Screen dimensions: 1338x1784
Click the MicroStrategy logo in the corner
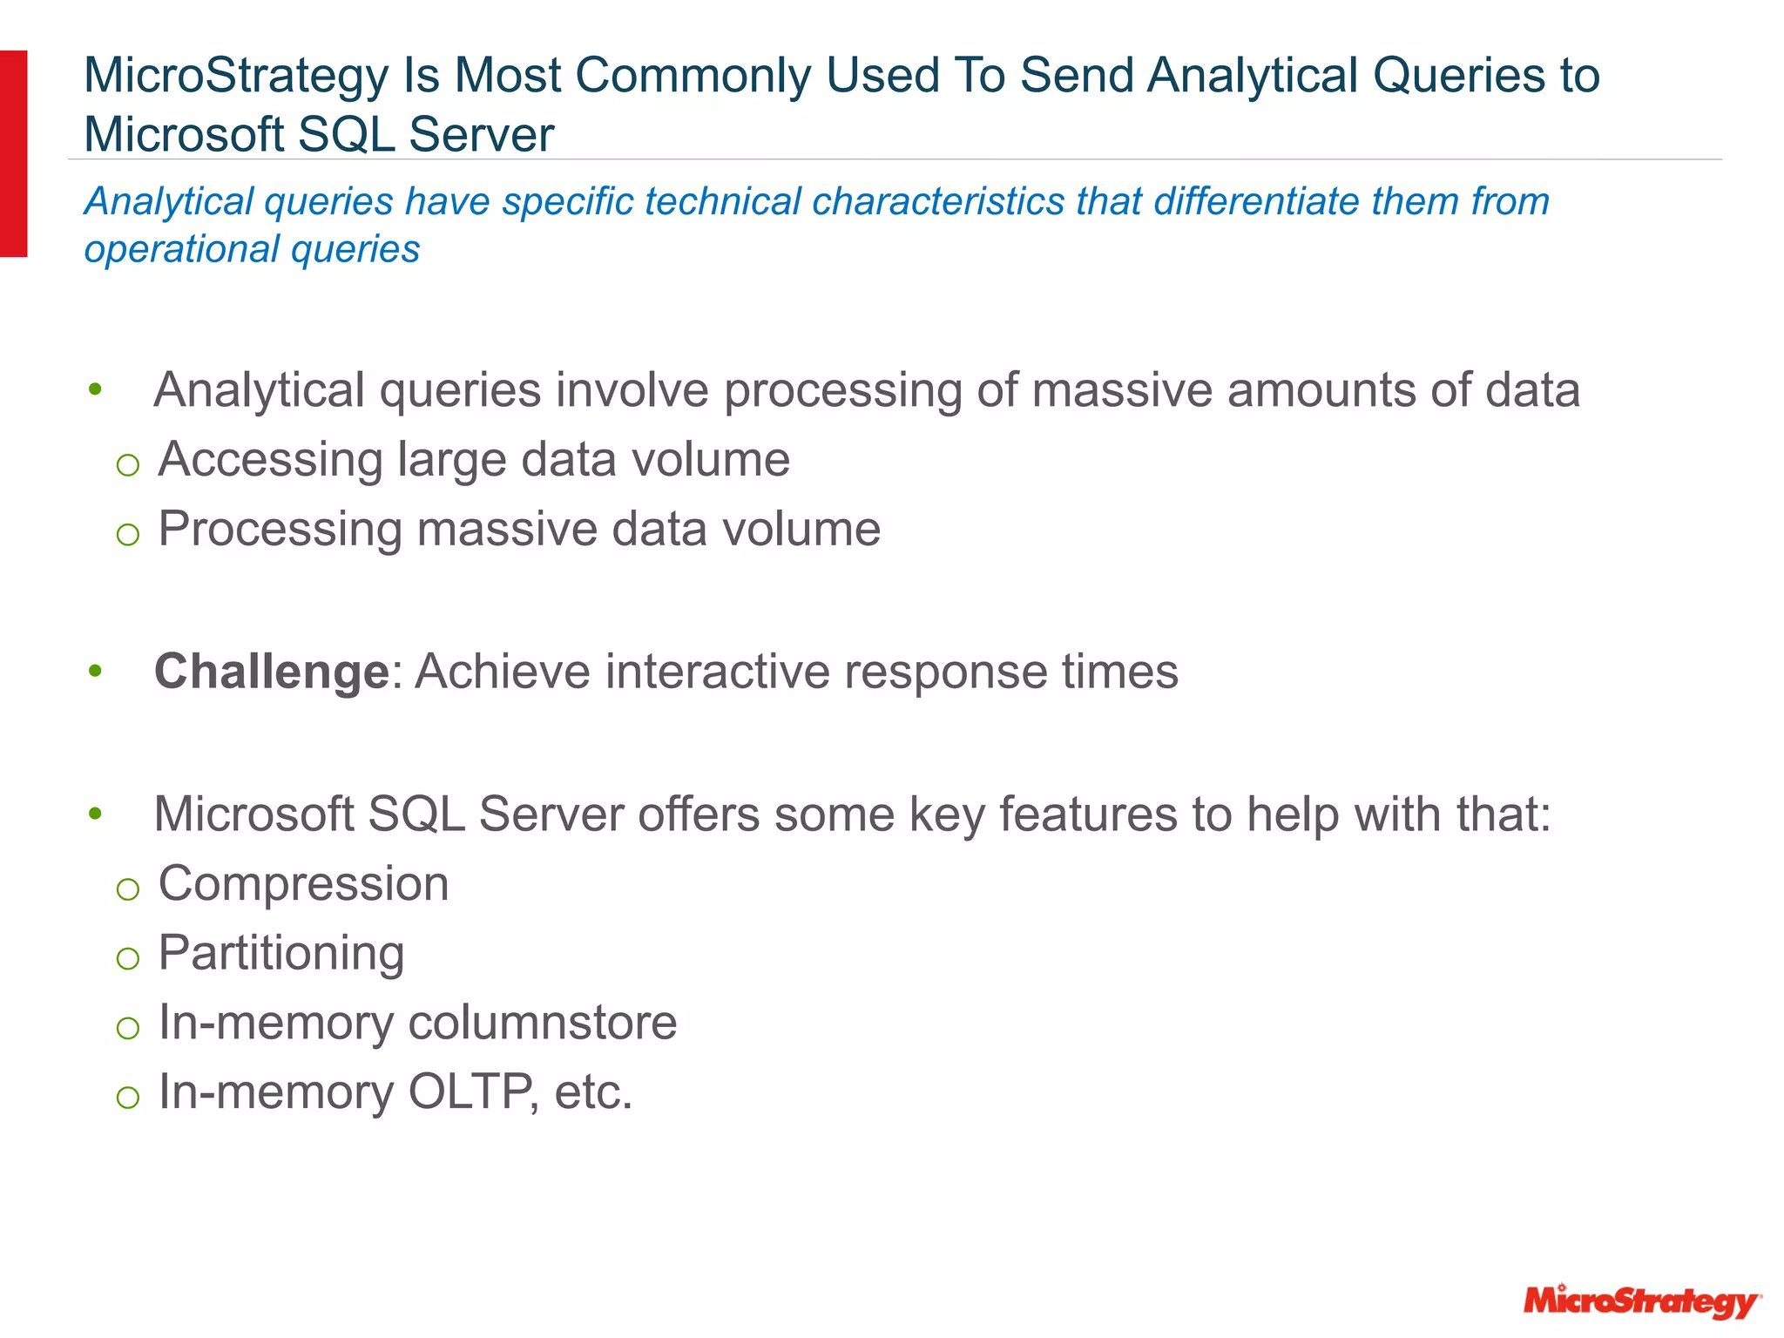click(x=1641, y=1301)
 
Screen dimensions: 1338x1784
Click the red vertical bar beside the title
click(x=13, y=153)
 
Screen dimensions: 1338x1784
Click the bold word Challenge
click(x=271, y=672)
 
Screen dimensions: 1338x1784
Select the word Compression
click(x=303, y=884)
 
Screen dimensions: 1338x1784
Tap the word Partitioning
click(x=280, y=953)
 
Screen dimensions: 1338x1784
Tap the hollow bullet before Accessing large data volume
click(x=128, y=464)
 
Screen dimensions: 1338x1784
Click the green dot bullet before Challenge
click(x=95, y=672)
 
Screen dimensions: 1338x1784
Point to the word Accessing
click(x=270, y=460)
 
